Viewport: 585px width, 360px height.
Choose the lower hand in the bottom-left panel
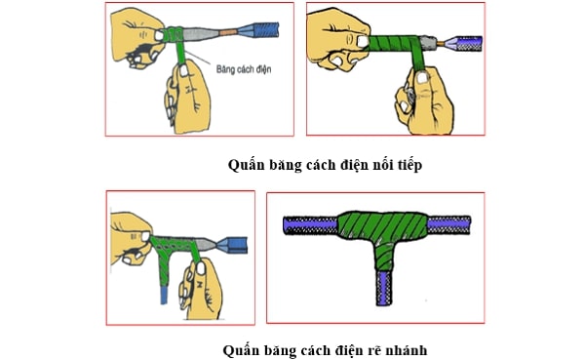coord(198,287)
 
